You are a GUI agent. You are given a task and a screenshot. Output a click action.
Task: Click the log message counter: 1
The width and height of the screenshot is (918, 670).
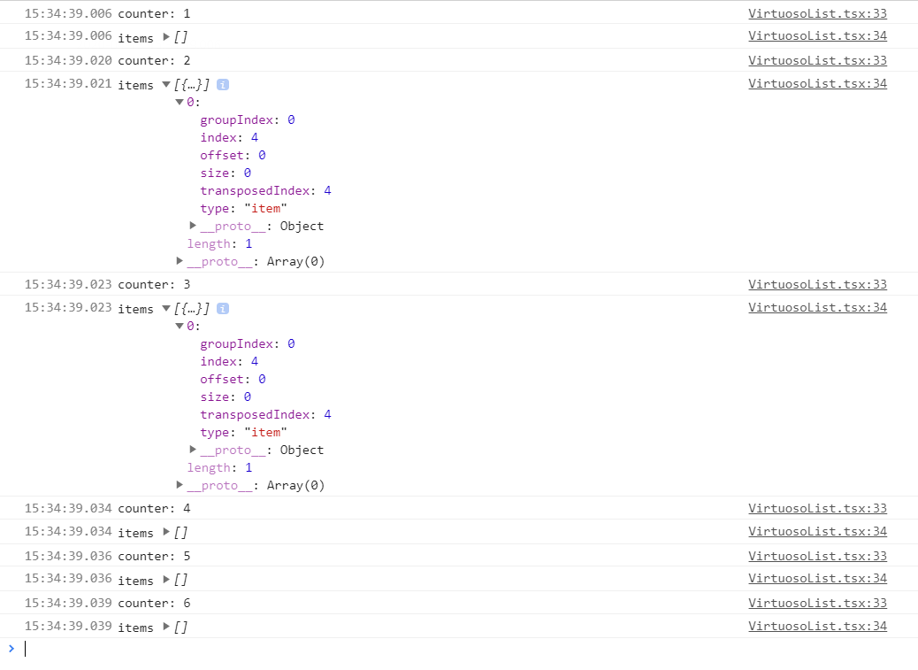154,14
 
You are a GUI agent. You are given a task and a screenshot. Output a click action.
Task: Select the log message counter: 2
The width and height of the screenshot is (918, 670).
154,61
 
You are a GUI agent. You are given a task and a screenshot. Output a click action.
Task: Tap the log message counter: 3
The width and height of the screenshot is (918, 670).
154,285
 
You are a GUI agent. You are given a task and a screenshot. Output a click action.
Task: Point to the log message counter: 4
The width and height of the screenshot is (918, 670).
154,509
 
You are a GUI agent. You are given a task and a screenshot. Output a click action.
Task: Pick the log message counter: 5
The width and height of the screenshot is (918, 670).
154,557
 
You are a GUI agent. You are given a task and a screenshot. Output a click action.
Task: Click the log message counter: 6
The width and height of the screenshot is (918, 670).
154,604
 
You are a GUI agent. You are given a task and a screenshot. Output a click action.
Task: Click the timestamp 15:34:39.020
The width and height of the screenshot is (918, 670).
68,61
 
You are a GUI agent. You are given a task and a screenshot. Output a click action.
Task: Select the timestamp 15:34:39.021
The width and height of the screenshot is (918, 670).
68,84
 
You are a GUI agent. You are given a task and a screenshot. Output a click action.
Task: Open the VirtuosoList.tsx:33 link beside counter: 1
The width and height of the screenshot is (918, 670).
817,14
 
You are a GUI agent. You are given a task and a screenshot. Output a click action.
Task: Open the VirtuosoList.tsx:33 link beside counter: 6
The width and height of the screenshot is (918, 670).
817,604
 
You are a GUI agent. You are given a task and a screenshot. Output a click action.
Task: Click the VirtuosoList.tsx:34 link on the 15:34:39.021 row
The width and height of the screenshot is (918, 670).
817,84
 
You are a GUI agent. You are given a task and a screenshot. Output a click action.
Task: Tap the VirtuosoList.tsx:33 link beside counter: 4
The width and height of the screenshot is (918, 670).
817,509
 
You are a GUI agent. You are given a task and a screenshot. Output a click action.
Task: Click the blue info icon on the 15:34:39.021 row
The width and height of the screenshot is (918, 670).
223,85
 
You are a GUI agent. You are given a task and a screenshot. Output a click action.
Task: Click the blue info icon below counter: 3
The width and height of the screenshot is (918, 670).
223,309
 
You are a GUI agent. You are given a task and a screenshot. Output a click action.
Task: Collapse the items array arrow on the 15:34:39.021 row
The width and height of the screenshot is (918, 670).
165,85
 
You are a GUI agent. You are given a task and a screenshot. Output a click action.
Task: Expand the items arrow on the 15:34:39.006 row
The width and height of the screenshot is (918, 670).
165,38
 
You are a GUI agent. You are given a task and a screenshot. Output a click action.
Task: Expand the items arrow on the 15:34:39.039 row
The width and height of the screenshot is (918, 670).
165,628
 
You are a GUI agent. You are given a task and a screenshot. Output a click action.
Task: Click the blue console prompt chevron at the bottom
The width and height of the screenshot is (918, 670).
11,649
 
